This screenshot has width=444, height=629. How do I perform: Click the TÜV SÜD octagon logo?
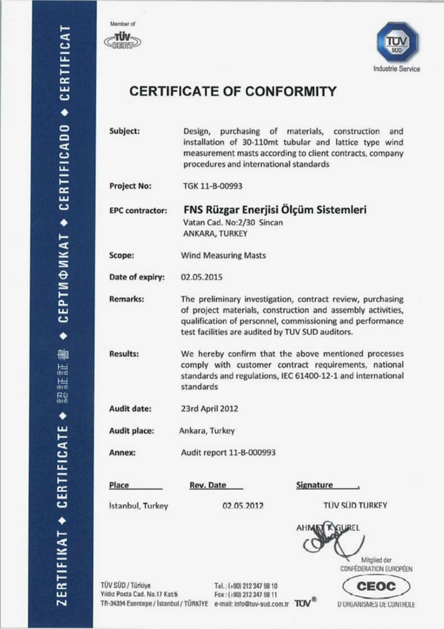point(397,42)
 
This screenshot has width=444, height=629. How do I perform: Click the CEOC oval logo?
point(376,587)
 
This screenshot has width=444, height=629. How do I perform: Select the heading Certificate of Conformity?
point(233,91)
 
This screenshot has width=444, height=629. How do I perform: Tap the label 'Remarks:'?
point(126,299)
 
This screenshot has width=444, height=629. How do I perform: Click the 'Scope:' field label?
point(121,255)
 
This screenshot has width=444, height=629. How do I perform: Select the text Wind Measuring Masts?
point(223,255)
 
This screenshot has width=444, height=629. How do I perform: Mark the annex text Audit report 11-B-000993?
point(228,452)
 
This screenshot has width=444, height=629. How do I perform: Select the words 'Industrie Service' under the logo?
point(396,69)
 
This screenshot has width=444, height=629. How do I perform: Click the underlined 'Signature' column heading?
point(314,485)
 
